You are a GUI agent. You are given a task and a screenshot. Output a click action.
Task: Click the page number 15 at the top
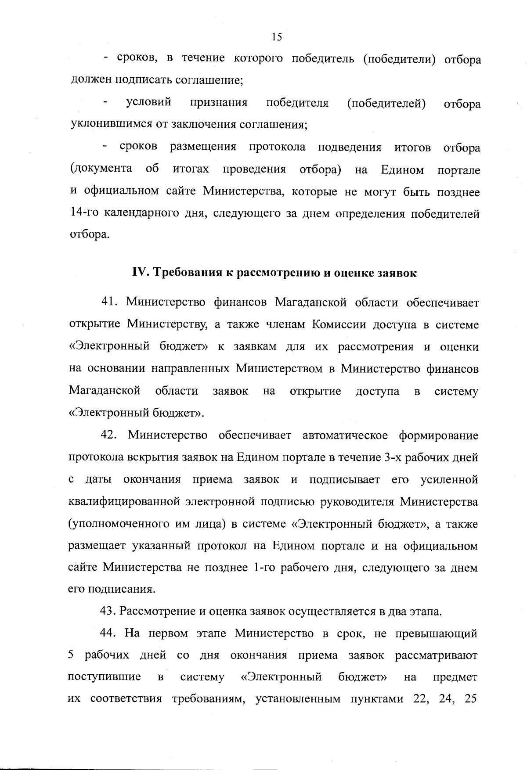(277, 37)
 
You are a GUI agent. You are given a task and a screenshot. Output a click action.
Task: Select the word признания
(219, 103)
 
